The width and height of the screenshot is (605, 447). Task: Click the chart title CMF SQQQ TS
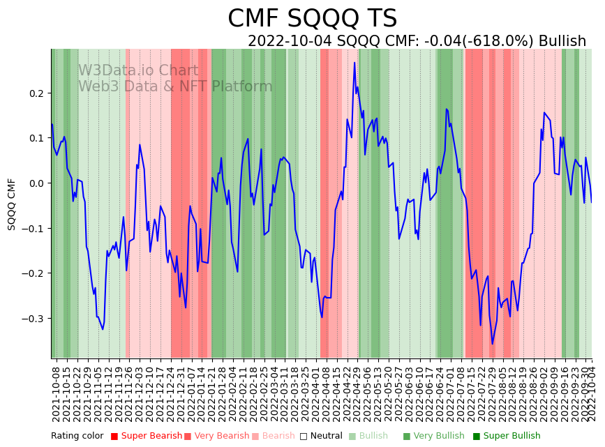pyautogui.click(x=312, y=19)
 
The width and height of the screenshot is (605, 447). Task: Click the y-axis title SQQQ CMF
pyautogui.click(x=12, y=204)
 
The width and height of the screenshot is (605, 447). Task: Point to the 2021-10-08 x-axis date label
pyautogui.click(x=56, y=394)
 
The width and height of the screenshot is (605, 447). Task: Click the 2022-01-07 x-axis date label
pyautogui.click(x=191, y=394)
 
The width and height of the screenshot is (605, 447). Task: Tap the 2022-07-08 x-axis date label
pyautogui.click(x=461, y=394)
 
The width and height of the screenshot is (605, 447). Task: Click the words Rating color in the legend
pyautogui.click(x=77, y=436)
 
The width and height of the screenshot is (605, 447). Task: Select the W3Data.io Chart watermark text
pyautogui.click(x=138, y=71)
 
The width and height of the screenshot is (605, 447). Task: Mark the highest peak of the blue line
pyautogui.click(x=354, y=63)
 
